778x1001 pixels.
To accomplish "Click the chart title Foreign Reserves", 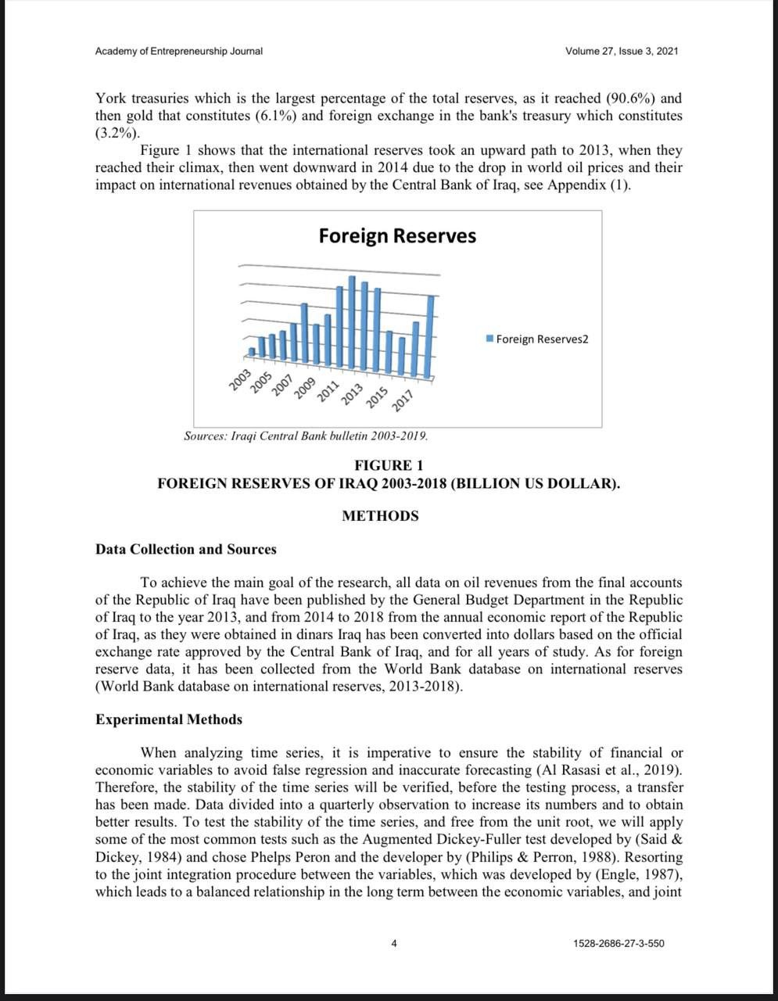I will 396,236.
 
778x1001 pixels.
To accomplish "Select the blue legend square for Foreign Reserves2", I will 489,339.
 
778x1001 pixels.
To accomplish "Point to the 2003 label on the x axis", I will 239,379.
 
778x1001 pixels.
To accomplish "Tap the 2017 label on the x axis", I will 401,402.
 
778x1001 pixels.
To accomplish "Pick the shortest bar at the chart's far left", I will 251,351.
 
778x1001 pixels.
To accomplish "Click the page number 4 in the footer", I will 394,944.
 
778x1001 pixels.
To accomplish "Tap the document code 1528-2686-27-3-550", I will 618,944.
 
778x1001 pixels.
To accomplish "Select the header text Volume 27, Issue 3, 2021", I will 621,52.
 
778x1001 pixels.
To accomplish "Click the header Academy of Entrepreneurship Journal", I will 178,52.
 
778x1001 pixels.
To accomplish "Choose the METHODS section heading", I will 380,516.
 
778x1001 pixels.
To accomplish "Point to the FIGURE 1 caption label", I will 389,466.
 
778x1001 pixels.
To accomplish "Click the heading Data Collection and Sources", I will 185,549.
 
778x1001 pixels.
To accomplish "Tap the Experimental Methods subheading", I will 168,719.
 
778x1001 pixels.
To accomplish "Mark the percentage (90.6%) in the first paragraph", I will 631,99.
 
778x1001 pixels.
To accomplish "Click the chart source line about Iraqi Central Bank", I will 305,436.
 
